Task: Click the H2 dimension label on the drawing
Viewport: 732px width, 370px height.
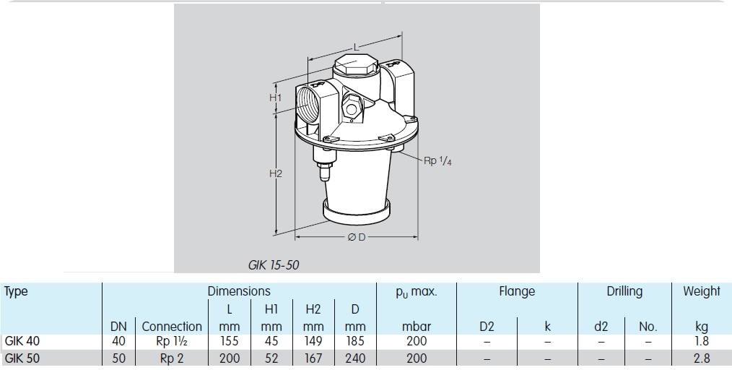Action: pos(275,174)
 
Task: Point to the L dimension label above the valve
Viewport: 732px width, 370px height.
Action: pos(356,47)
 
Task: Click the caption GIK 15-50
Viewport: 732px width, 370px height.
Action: pos(273,265)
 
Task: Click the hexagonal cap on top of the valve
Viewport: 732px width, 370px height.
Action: pos(355,67)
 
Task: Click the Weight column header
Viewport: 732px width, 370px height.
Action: pos(701,291)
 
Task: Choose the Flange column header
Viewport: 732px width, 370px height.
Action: pos(517,291)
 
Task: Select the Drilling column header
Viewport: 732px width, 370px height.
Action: pos(624,291)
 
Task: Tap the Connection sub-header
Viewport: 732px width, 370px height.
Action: pos(172,327)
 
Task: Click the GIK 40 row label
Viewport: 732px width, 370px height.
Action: pos(22,341)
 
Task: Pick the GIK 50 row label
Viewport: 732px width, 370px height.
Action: pos(22,358)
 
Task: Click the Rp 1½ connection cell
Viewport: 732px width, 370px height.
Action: pos(172,341)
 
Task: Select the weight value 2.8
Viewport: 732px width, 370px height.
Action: pos(701,358)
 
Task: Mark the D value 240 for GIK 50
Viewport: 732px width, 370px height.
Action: pos(355,358)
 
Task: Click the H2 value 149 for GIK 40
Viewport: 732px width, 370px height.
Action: pos(313,341)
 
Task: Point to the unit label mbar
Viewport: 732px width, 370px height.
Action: pos(416,327)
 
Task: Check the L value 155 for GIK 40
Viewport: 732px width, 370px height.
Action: pos(229,341)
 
